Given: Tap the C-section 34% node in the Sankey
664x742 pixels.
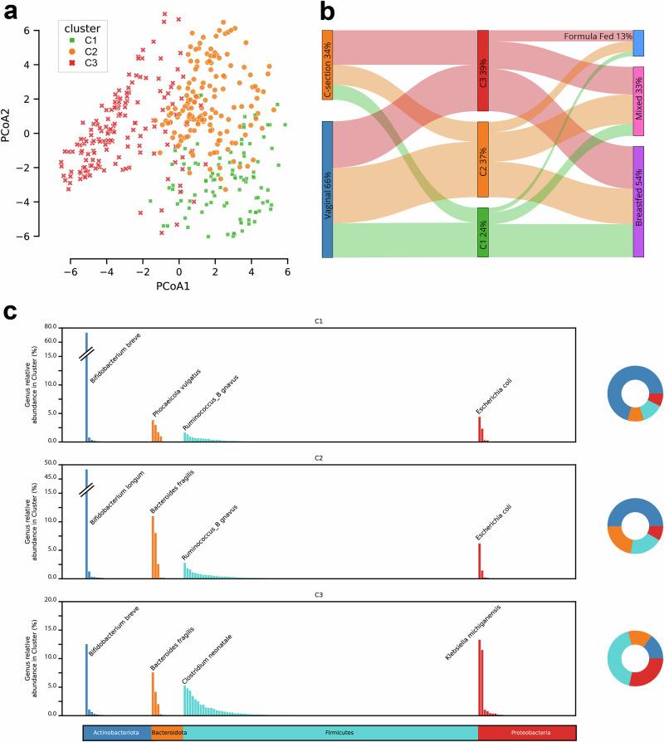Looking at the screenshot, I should pos(327,66).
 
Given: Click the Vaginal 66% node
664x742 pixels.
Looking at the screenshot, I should pos(327,189).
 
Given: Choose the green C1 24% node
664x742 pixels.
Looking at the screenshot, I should pos(483,232).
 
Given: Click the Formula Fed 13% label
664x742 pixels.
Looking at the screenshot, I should pos(598,37).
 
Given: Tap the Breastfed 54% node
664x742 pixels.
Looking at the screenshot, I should pos(638,202).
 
